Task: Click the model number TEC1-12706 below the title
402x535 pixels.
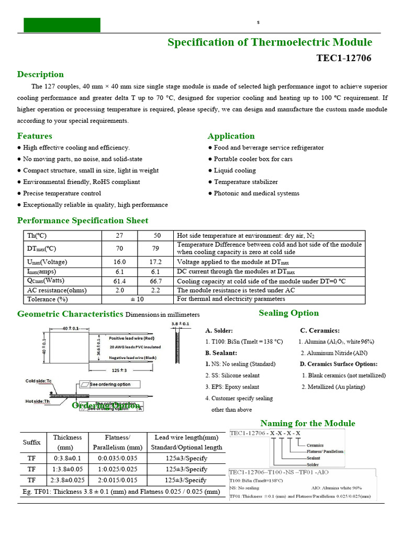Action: (x=343, y=58)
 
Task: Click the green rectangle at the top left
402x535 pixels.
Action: (x=62, y=25)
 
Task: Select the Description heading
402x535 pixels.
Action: (x=40, y=74)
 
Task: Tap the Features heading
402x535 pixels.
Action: (x=35, y=136)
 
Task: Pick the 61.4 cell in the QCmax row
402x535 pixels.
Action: (x=119, y=281)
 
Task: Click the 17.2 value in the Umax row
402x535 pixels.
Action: (x=155, y=262)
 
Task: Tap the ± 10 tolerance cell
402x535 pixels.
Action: (x=137, y=299)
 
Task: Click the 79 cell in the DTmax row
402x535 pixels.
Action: (x=155, y=248)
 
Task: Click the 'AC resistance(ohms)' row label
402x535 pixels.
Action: (x=57, y=290)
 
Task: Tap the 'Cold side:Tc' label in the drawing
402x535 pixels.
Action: (x=39, y=381)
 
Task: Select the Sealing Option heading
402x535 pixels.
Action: (x=288, y=313)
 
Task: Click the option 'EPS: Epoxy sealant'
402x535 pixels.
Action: (x=235, y=387)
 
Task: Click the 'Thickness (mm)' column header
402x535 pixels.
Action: (x=68, y=442)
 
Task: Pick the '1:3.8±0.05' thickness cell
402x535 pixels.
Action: (x=68, y=469)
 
